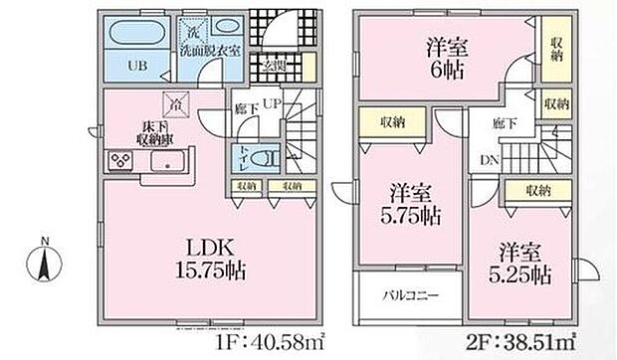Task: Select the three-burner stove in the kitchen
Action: (120, 161)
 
